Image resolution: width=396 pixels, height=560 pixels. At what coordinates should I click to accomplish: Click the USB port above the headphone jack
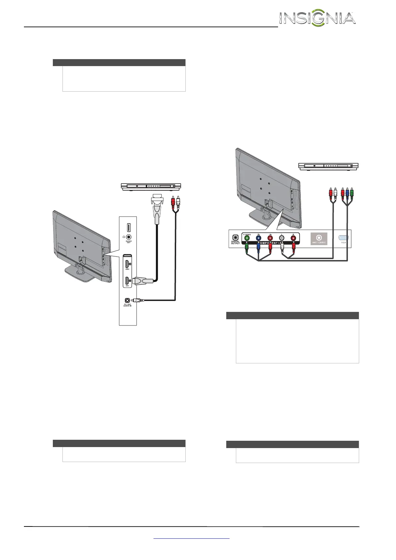(x=128, y=227)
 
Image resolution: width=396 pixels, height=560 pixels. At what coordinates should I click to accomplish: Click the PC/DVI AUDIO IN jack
(x=127, y=300)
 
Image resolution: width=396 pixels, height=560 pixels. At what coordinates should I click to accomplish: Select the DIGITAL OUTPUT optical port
(x=235, y=238)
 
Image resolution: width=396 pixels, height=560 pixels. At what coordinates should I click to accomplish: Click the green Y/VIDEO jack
(x=247, y=238)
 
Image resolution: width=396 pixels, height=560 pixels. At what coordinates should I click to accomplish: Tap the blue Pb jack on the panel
(x=258, y=238)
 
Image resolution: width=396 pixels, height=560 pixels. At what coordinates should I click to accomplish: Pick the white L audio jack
(x=282, y=238)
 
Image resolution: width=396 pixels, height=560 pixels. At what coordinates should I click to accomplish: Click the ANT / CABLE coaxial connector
(x=319, y=238)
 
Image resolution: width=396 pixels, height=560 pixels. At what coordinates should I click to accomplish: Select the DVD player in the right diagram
(x=328, y=166)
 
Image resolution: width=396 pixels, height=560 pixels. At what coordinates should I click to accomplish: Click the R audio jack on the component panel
(x=293, y=238)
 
